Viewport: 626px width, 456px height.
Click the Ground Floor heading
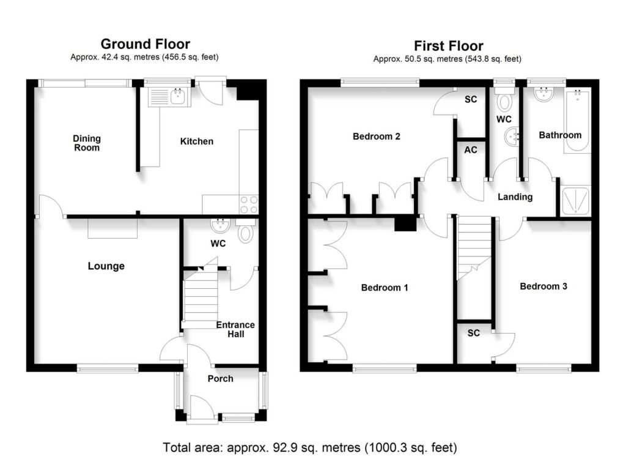(145, 43)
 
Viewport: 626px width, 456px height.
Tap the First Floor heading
(448, 46)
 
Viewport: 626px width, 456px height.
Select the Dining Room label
(87, 143)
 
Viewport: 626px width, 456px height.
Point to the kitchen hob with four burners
(248, 204)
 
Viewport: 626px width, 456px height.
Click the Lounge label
(106, 266)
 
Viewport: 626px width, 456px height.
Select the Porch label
(220, 378)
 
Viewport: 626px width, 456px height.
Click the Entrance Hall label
(235, 329)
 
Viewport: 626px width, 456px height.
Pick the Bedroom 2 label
(377, 136)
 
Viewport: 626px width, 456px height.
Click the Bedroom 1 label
(385, 287)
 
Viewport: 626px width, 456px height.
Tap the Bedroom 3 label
(543, 286)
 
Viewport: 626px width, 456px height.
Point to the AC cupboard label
(471, 150)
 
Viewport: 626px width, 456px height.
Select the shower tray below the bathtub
(576, 201)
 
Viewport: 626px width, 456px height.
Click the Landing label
(515, 197)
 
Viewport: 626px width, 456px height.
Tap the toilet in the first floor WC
(504, 103)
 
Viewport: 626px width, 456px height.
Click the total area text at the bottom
(310, 447)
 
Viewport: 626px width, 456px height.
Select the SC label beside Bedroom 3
(474, 333)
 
